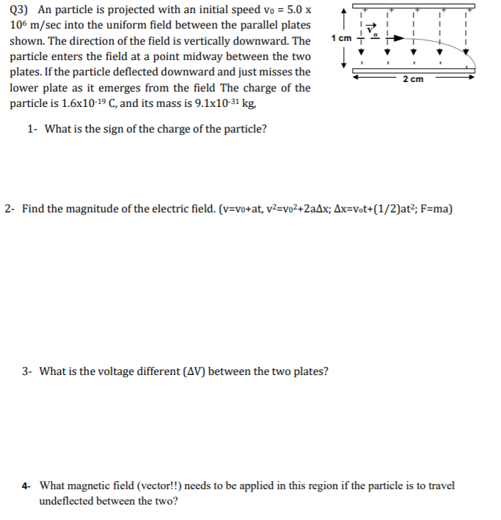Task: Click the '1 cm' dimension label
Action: pos(342,37)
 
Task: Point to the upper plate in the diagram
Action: pos(411,9)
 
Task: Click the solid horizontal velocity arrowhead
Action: pos(400,42)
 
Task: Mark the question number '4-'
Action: pos(26,486)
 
